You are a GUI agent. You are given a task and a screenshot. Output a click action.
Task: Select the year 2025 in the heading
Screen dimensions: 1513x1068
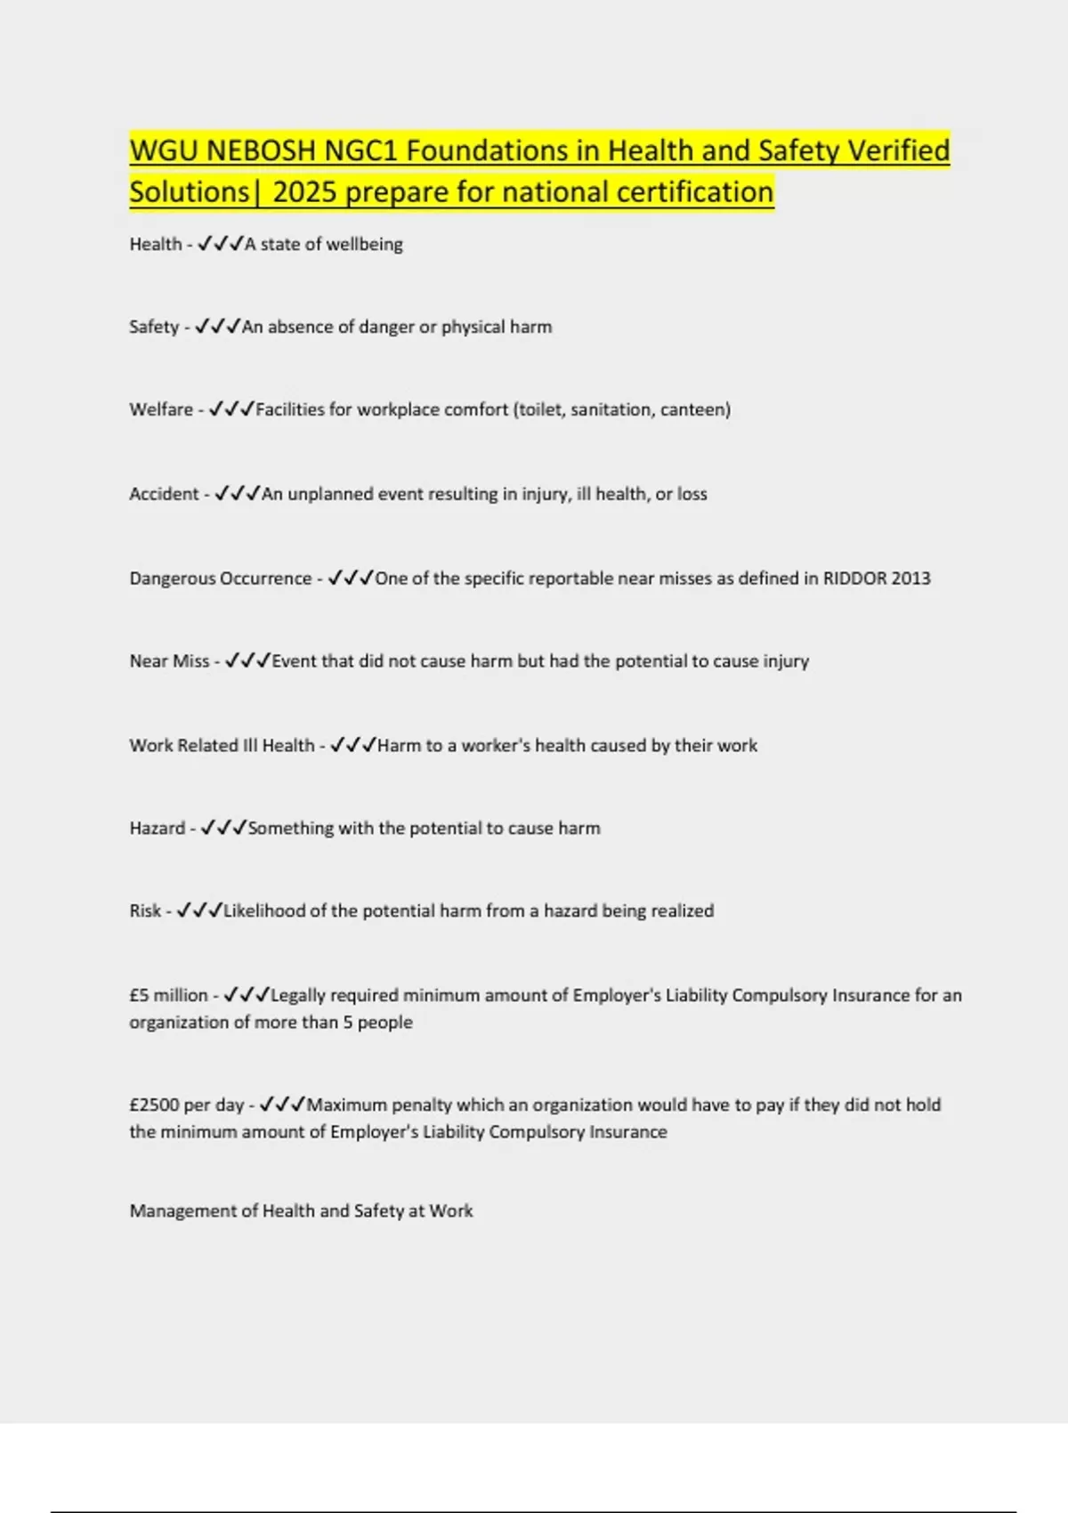304,192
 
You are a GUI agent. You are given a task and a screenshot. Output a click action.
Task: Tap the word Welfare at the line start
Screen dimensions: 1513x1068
161,409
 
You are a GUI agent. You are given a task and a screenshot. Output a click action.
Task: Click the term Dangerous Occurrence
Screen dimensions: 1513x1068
221,578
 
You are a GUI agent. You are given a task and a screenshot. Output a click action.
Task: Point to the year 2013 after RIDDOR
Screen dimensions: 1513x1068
910,578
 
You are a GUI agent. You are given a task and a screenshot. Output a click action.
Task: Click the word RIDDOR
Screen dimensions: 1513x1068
854,578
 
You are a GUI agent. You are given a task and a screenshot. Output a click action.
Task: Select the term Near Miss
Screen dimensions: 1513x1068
169,661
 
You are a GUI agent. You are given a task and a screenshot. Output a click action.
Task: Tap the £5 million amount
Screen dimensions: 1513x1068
168,995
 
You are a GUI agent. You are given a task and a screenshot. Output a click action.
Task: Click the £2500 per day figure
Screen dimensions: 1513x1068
187,1104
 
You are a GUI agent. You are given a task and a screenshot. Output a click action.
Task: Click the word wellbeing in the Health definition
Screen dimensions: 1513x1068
364,244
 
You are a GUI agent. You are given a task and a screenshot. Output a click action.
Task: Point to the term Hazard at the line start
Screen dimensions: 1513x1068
157,828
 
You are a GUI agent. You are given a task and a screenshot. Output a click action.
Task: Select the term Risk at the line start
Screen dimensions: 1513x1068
145,910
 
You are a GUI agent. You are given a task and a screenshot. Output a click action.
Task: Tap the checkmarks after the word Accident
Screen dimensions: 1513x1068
238,493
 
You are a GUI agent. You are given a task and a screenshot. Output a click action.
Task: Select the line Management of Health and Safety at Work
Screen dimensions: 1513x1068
301,1210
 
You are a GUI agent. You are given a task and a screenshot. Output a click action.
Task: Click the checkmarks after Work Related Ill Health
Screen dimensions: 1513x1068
352,745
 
